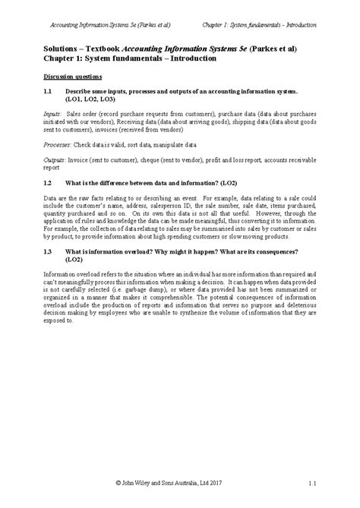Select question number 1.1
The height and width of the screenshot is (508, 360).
tap(48, 90)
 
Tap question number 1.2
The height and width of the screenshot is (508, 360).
tap(48, 183)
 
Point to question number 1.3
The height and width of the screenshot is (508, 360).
tap(48, 251)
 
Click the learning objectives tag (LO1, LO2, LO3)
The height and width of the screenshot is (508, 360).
tap(90, 99)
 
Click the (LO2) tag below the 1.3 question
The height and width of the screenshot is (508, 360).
tap(74, 259)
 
